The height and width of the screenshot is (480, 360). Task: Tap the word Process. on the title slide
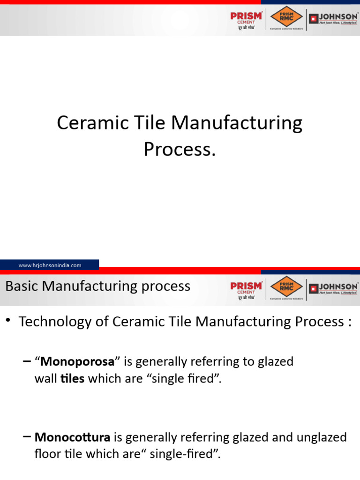[180, 149]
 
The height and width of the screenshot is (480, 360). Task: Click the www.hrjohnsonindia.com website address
[50, 265]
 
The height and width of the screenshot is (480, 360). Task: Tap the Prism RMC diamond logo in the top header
[286, 18]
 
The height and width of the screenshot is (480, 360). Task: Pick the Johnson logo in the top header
[333, 19]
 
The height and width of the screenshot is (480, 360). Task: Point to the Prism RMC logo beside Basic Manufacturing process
[286, 288]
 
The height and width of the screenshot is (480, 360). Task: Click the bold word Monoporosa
[77, 361]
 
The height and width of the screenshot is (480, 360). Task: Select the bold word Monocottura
[73, 437]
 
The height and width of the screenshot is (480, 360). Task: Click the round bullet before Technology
[8, 320]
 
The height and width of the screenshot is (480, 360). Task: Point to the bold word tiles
[73, 379]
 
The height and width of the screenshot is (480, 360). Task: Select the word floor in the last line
[45, 454]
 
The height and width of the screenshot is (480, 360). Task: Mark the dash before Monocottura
[27, 437]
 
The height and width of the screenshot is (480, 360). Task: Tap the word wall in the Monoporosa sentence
[45, 379]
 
